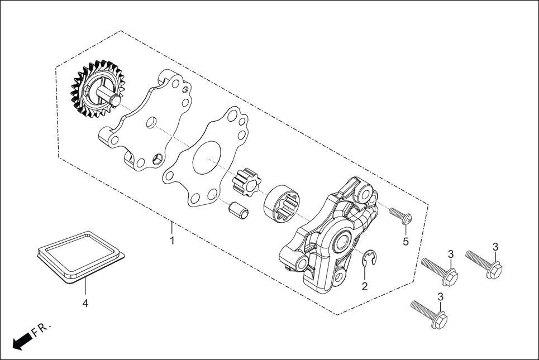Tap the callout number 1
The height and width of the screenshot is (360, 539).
pos(172,241)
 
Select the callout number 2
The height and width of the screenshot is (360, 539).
pos(364,286)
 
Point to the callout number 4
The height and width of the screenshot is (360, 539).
pos(85,304)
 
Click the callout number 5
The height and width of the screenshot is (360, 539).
pos(406,242)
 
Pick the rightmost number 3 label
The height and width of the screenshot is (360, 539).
pos(495,247)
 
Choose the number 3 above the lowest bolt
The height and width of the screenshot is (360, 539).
pos(440,296)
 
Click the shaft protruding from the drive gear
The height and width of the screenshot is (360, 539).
pos(107,94)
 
